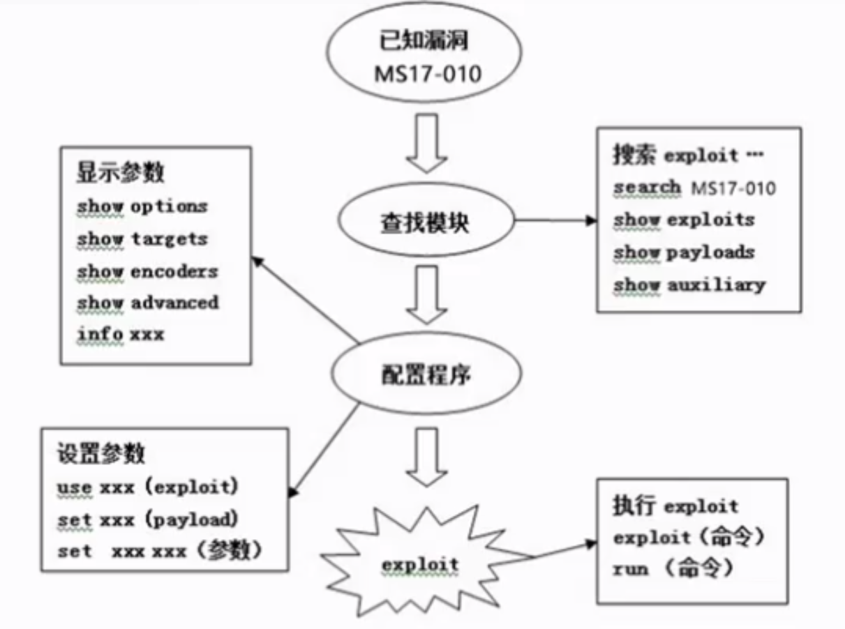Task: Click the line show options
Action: point(142,206)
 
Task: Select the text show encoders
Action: point(147,271)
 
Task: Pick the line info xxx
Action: point(120,334)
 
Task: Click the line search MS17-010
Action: point(694,188)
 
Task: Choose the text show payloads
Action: point(684,252)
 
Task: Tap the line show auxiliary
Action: point(689,285)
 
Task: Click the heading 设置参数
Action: point(101,453)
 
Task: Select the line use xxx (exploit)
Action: point(144,487)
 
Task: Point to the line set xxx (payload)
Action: point(148,519)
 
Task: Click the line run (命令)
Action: point(673,569)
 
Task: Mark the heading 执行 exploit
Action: point(675,506)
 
